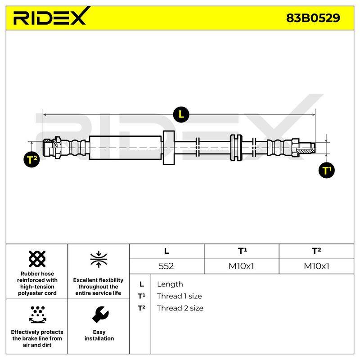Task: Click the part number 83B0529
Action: [x=313, y=18]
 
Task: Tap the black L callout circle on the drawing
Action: [x=181, y=114]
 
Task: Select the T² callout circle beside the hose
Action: [x=31, y=159]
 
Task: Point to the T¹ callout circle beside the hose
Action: [x=327, y=171]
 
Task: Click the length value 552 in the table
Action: [x=166, y=266]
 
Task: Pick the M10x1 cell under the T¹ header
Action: [x=241, y=266]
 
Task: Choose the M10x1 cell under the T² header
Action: [x=317, y=266]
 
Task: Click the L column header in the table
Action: [x=166, y=251]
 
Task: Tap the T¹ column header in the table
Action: [x=243, y=251]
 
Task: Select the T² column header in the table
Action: [x=316, y=251]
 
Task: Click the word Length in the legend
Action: [x=170, y=284]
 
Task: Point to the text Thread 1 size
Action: [x=180, y=296]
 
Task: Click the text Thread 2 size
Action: [x=180, y=308]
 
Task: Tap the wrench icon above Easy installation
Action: [x=100, y=315]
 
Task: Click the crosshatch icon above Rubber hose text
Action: [x=37, y=259]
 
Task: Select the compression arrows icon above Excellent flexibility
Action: [x=99, y=260]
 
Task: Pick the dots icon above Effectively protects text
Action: [x=38, y=315]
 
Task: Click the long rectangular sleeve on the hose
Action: [x=125, y=148]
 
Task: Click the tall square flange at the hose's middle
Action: [x=169, y=148]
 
